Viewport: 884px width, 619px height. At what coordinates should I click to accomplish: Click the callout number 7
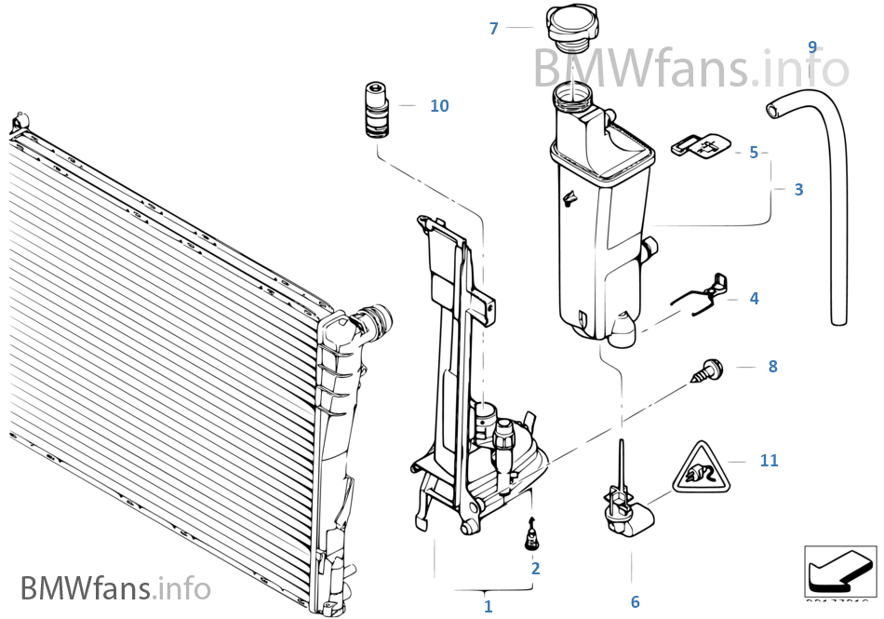[x=494, y=29]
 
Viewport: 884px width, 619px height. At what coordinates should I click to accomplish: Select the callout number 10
[x=439, y=106]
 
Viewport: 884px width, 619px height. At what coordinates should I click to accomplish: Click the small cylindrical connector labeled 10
[x=375, y=109]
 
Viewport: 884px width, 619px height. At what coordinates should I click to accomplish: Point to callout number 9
[x=812, y=47]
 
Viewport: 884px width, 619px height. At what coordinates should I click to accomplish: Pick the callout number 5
[x=754, y=153]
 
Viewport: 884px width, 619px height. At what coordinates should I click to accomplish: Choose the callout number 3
[x=798, y=190]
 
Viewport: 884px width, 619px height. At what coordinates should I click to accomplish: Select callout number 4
[x=754, y=299]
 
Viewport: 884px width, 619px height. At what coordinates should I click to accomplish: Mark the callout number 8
[x=772, y=367]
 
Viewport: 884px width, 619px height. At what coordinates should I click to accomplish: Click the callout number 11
[x=769, y=461]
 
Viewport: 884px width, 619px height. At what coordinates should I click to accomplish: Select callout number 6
[x=635, y=602]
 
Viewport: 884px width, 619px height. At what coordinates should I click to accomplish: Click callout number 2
[x=535, y=568]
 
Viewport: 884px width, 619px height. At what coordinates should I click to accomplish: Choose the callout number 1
[x=488, y=606]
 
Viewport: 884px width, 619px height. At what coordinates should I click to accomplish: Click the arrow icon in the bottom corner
[x=839, y=571]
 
